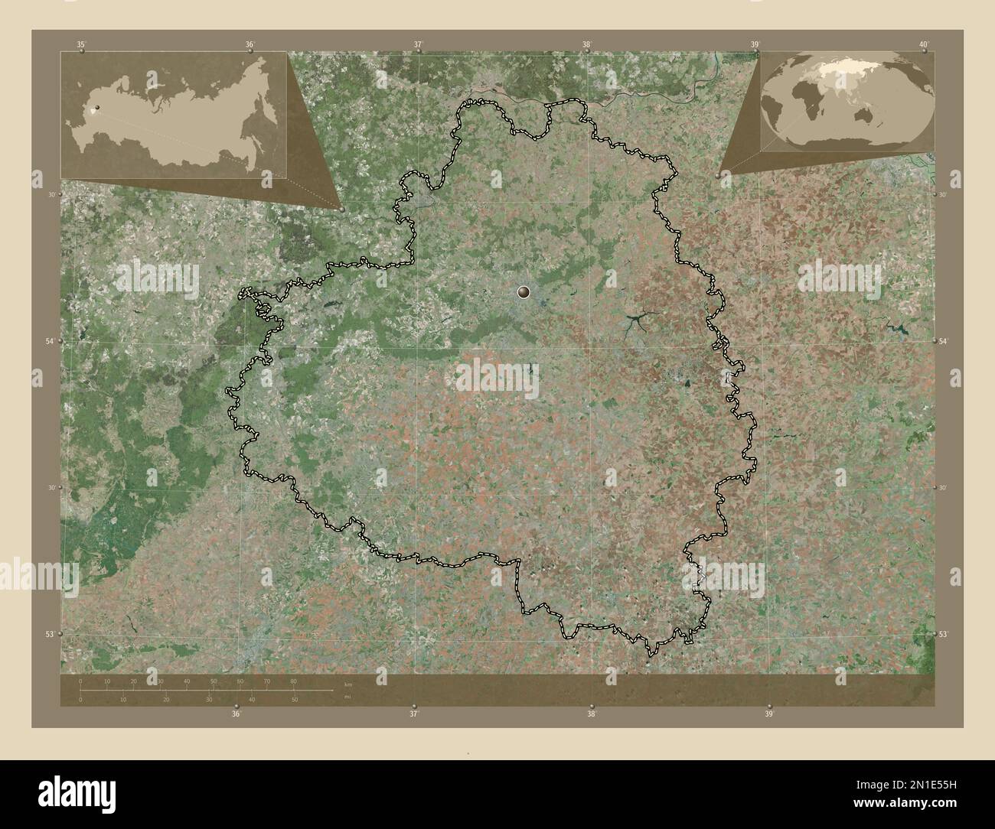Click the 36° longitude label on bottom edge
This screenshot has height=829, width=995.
(237, 714)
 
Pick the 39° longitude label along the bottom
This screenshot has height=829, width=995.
(769, 714)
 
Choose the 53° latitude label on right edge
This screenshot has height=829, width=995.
(943, 634)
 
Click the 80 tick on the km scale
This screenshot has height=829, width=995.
(294, 681)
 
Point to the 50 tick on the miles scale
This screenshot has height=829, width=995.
(294, 699)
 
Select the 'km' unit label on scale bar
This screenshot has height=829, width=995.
(348, 684)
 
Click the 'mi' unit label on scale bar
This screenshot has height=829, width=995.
(347, 697)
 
